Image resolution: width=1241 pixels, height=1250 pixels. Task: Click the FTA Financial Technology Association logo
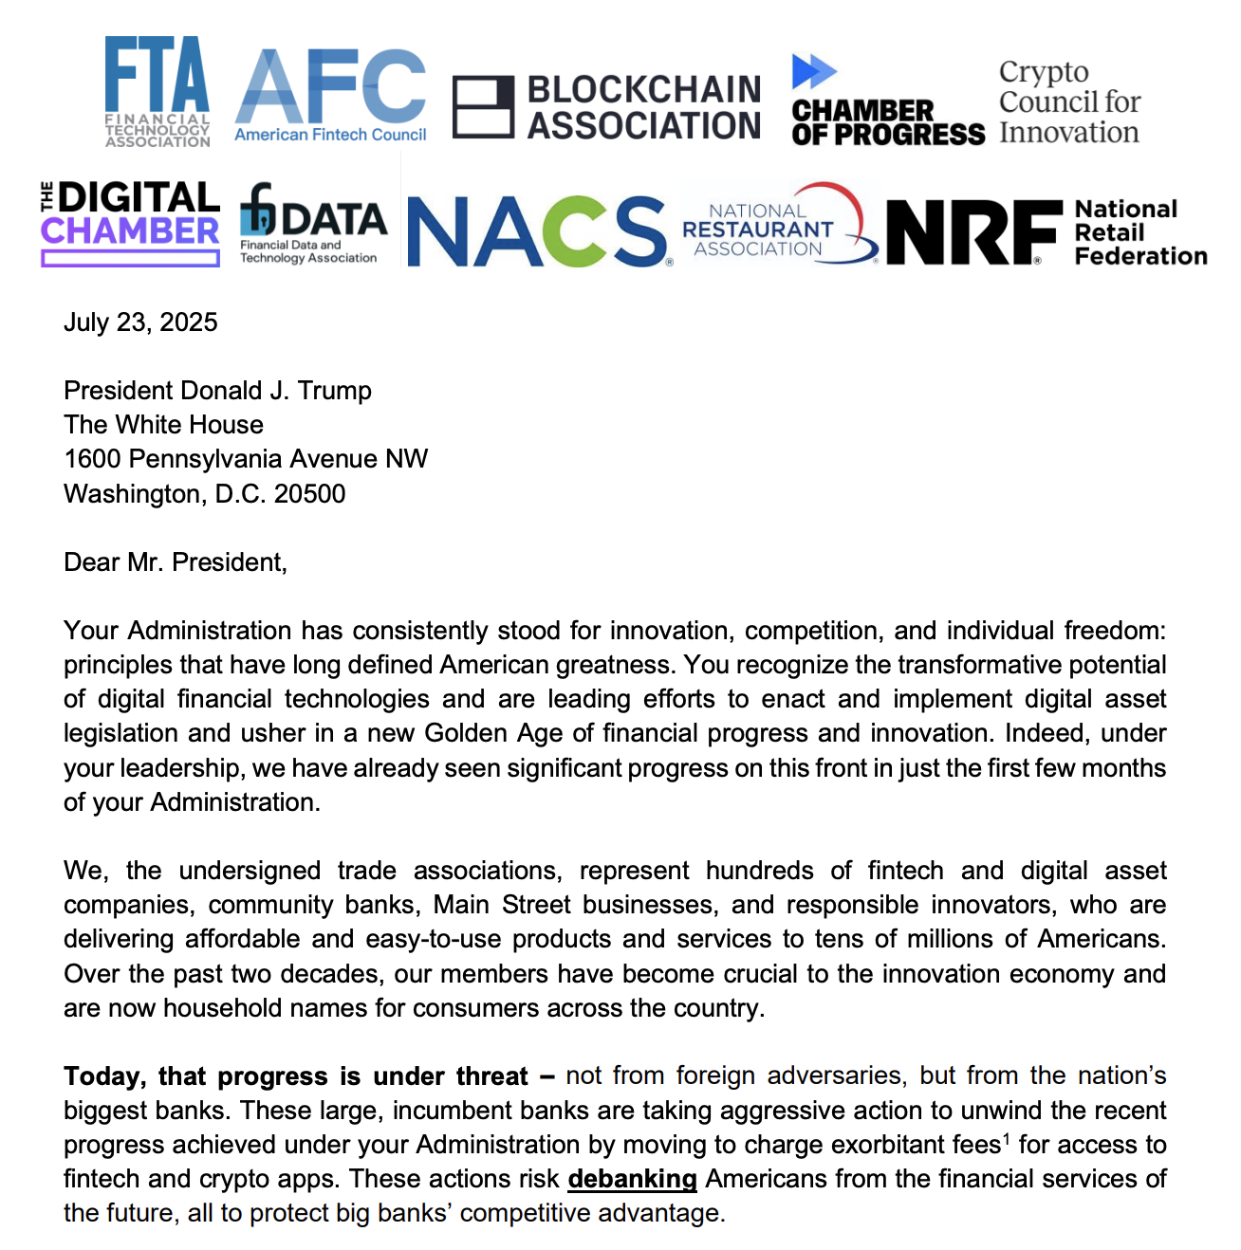157,92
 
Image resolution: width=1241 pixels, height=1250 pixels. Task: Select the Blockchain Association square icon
483,107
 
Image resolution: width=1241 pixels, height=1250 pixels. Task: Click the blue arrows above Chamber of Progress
814,71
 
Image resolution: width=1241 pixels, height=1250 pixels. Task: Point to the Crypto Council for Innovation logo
1069,102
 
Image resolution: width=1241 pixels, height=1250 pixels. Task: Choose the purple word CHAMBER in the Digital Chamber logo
130,231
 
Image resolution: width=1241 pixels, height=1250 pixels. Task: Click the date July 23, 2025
140,322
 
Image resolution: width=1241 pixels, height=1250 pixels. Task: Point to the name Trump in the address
335,391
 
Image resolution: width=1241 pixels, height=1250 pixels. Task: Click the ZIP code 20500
309,494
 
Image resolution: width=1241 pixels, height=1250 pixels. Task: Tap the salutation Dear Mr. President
175,562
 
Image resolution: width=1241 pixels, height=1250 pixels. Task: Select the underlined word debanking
632,1179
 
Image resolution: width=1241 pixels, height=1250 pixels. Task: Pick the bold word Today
104,1076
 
